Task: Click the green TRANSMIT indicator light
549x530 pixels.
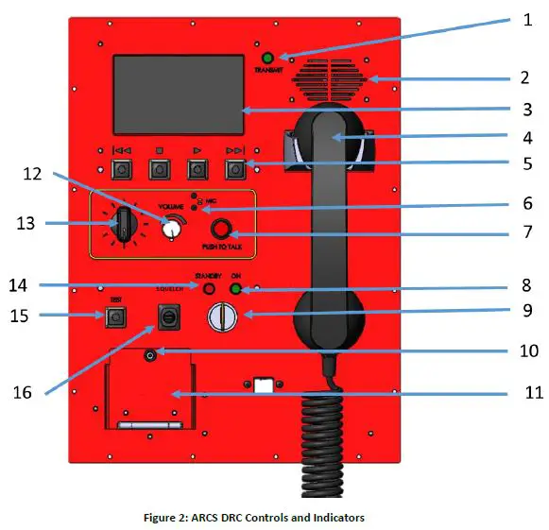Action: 267,58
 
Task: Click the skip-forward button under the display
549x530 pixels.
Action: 234,170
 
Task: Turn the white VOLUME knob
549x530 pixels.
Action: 171,229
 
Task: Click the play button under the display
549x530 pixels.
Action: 197,170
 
